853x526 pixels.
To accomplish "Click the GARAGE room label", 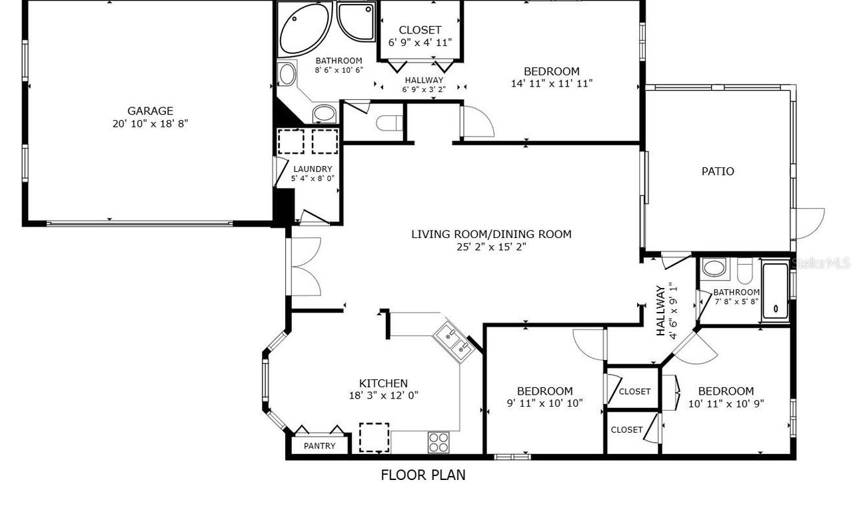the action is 150,111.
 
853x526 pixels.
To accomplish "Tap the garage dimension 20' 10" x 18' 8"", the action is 150,124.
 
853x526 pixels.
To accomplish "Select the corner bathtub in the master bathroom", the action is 305,30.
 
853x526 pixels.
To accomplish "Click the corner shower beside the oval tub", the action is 356,21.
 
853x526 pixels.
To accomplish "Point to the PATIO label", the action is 718,171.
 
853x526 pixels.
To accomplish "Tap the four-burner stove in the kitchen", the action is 438,442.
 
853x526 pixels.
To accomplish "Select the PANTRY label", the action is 319,446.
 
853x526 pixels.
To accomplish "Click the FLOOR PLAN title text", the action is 423,475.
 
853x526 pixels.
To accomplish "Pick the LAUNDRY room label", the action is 313,169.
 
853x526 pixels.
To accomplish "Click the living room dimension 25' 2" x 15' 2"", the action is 491,247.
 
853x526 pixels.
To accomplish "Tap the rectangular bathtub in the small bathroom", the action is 775,291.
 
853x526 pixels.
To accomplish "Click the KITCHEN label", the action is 383,383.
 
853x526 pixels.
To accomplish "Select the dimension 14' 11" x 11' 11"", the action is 551,83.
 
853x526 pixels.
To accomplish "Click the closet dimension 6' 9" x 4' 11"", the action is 420,42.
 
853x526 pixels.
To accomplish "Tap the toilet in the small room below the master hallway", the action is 389,123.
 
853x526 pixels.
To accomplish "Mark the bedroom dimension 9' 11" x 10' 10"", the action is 544,403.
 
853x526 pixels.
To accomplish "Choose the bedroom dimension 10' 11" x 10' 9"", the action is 726,404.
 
